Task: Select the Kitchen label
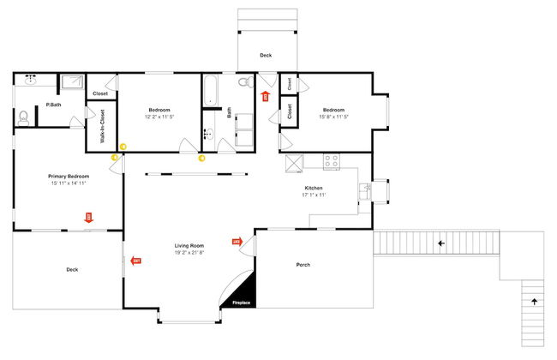pyautogui.click(x=314, y=188)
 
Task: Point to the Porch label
pyautogui.click(x=302, y=265)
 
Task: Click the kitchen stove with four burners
pyautogui.click(x=331, y=161)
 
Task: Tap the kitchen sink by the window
pyautogui.click(x=366, y=190)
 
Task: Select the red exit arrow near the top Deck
pyautogui.click(x=265, y=96)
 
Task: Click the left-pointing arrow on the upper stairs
pyautogui.click(x=441, y=243)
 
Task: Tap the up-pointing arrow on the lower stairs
pyautogui.click(x=535, y=302)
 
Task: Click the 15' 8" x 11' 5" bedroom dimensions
pyautogui.click(x=333, y=117)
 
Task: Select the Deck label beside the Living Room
pyautogui.click(x=72, y=270)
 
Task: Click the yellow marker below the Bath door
pyautogui.click(x=201, y=158)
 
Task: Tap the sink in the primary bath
pyautogui.click(x=32, y=80)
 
